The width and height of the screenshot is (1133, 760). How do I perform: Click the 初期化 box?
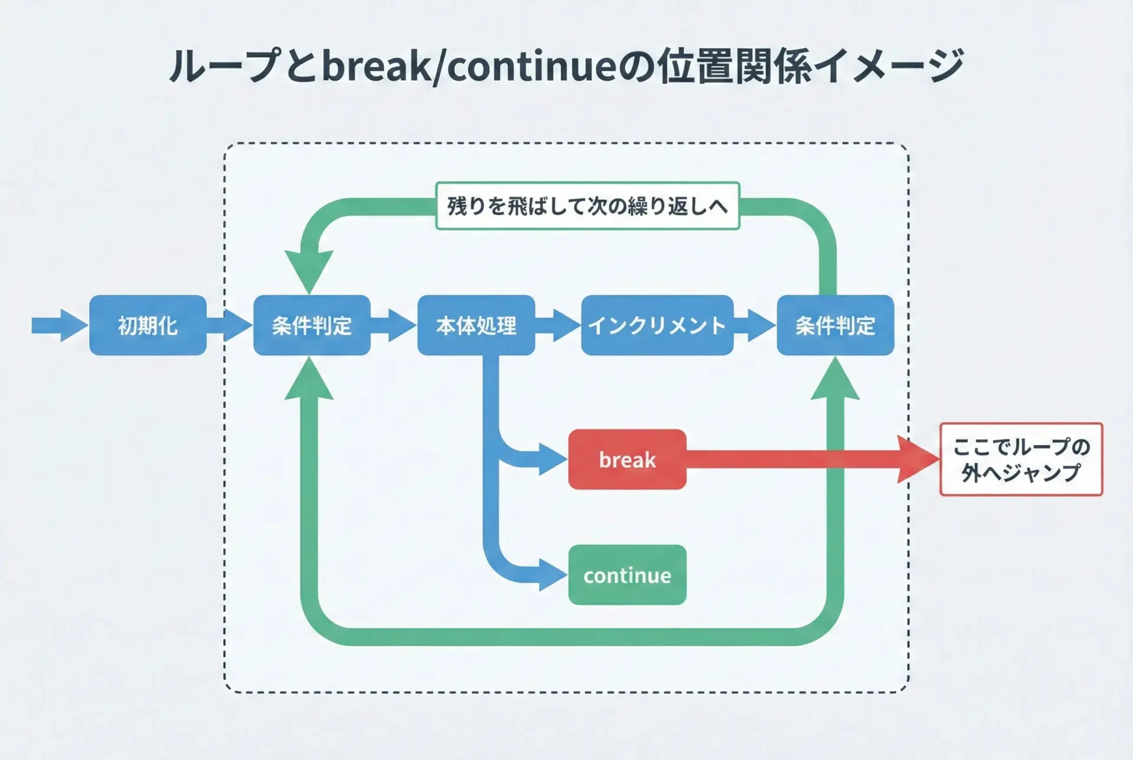tap(148, 325)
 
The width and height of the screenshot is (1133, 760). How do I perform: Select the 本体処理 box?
tap(476, 325)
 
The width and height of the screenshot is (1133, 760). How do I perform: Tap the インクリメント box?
tap(657, 325)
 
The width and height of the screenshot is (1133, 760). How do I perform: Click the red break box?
tap(627, 459)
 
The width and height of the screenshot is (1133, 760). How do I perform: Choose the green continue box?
tap(627, 575)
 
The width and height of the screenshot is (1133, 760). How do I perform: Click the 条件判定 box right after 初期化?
tap(312, 325)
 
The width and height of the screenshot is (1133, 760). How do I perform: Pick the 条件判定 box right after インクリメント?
tap(835, 325)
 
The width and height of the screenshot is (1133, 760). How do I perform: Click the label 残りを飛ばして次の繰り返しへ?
tap(587, 206)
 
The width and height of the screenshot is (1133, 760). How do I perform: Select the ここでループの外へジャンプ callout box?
tap(1021, 459)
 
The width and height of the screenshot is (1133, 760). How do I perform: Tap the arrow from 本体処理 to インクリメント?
tap(558, 325)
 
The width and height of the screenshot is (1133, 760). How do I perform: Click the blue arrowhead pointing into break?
tap(552, 459)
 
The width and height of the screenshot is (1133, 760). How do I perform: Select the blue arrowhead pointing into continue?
tap(552, 575)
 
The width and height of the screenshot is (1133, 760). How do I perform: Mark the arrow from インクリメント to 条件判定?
tap(755, 325)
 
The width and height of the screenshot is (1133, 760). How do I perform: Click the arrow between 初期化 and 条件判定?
tap(230, 325)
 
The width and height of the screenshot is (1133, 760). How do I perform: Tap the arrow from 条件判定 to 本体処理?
tap(394, 325)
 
